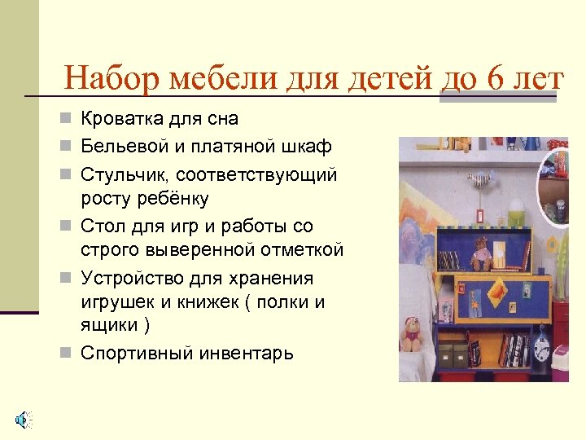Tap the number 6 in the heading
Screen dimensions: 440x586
(x=496, y=79)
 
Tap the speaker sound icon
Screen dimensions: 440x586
(x=23, y=420)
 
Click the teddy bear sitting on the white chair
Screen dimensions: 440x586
(x=413, y=333)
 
